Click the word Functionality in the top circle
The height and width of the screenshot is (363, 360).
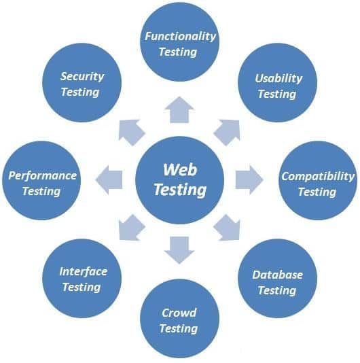(180, 37)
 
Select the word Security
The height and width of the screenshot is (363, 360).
(82, 76)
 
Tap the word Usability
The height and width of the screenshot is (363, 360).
(278, 78)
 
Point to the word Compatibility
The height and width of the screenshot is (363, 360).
(318, 177)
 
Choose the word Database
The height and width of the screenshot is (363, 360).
(278, 275)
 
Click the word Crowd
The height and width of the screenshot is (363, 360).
(179, 313)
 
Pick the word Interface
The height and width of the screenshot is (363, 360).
(84, 271)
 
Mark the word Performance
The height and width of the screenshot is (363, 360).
(42, 175)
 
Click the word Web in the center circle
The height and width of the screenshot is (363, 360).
(180, 170)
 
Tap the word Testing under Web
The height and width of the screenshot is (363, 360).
(180, 190)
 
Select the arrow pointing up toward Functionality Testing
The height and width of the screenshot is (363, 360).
(179, 109)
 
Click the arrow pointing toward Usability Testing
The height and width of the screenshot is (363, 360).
(227, 133)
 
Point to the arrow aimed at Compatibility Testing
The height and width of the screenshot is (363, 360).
(249, 179)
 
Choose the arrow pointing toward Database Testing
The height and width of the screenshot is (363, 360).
(227, 227)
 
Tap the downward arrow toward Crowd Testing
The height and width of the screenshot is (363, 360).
(179, 250)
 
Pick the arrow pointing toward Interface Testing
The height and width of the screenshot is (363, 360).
(132, 227)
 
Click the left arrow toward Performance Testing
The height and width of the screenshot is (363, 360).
(109, 179)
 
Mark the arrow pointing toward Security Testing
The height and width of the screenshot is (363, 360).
(132, 133)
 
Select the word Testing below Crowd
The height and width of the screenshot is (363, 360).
(179, 329)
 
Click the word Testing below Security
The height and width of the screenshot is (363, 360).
(80, 92)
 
